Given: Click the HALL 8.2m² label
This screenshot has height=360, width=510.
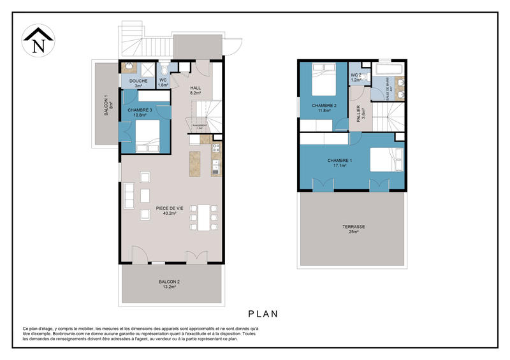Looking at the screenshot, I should (195, 90).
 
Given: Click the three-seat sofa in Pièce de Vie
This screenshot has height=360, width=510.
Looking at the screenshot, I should (130, 196).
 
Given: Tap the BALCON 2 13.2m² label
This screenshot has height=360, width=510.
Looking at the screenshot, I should (170, 284).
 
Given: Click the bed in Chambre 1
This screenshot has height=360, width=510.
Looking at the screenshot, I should (386, 160).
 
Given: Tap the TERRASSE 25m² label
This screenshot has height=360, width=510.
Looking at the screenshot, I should (351, 228).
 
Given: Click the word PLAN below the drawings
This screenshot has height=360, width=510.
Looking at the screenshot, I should (262, 314).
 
